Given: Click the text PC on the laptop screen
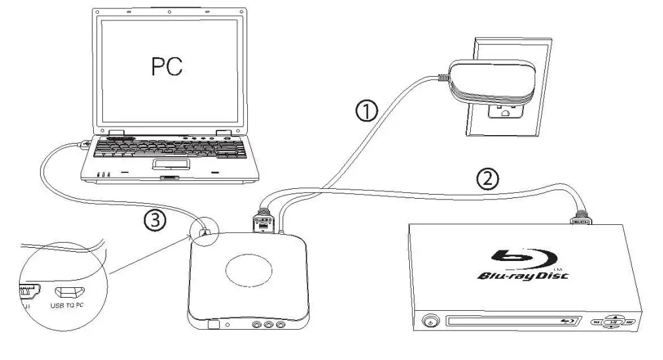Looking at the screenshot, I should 167,66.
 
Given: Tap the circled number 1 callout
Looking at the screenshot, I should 367,112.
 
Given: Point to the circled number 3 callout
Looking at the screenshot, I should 155,221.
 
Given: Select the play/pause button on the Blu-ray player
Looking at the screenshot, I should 612,322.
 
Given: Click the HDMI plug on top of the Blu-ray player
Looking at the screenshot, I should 580,216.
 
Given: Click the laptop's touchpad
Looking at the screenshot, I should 172,164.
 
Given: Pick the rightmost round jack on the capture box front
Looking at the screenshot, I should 281,324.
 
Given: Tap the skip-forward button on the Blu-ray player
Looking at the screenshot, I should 628,322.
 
